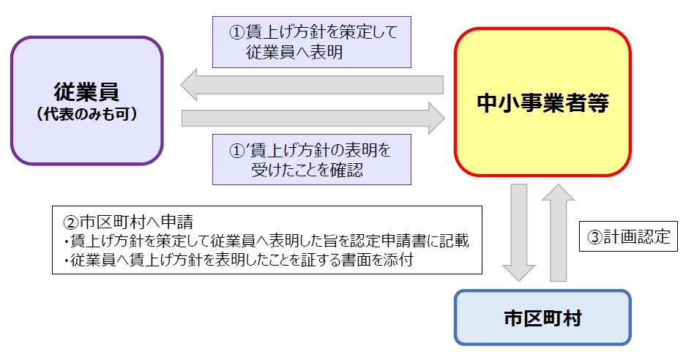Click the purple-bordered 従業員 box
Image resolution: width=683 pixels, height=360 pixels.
(x=86, y=101)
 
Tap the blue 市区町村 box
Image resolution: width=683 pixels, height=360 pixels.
(x=542, y=318)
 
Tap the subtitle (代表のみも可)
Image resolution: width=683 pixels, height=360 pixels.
(x=86, y=115)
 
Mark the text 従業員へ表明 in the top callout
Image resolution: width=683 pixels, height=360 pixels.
(x=294, y=53)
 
